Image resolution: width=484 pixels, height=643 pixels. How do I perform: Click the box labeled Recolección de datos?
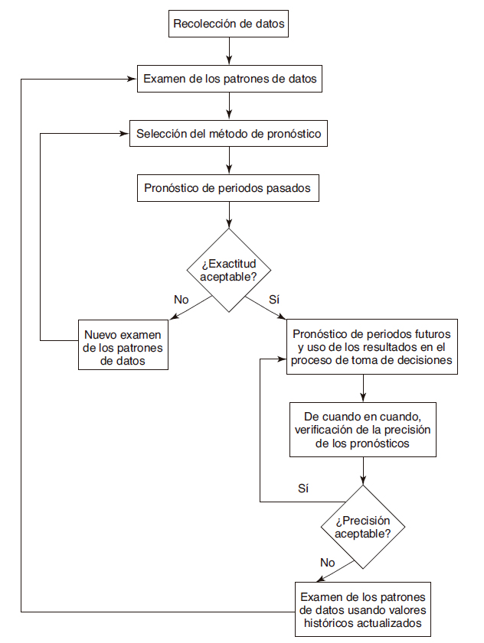[x=228, y=24]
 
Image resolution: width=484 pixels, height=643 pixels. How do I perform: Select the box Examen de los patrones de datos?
[x=229, y=79]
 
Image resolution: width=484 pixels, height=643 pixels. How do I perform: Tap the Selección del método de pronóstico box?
[x=228, y=133]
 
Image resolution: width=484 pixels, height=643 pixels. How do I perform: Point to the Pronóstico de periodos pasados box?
[x=228, y=188]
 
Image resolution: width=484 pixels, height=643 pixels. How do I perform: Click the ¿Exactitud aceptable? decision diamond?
[x=229, y=270]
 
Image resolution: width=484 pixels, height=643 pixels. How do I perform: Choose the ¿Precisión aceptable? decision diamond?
[x=363, y=527]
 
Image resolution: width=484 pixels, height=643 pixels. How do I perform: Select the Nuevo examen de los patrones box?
[x=123, y=345]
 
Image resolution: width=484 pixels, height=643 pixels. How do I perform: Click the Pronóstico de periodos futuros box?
[x=372, y=346]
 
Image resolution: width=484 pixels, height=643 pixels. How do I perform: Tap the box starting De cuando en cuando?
[x=363, y=430]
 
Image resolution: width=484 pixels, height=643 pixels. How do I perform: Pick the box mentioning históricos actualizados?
[x=363, y=609]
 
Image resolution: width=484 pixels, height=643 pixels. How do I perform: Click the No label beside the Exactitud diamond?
[x=181, y=300]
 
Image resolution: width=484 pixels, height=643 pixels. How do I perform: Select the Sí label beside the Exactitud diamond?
[x=274, y=300]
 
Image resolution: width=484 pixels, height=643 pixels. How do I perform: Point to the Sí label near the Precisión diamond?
[x=303, y=489]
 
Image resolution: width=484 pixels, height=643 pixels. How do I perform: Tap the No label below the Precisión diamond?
[x=328, y=563]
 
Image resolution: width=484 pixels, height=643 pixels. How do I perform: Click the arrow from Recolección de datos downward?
[x=229, y=51]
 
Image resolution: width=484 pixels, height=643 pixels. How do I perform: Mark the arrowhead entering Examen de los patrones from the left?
[x=132, y=79]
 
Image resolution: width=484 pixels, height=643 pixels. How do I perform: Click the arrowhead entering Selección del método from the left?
[x=125, y=134]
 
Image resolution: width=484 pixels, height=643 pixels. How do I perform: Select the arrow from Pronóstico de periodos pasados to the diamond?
[x=229, y=215]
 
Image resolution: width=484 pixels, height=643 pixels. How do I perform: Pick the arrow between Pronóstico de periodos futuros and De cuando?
[x=363, y=388]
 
